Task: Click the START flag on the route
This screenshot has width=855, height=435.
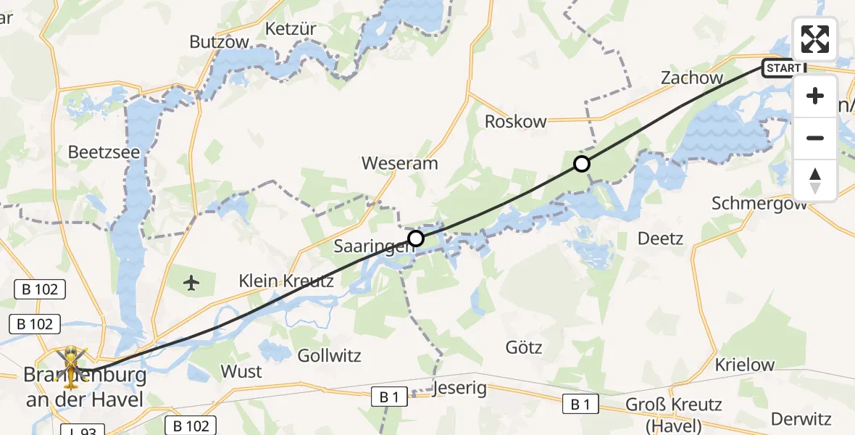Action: coord(784,68)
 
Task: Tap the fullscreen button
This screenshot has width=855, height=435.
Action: coord(814,39)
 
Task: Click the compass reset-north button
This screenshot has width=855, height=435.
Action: coord(814,180)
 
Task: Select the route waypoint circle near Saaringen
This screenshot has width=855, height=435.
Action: coord(415,238)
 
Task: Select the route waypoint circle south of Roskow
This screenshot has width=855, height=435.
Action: coord(581,164)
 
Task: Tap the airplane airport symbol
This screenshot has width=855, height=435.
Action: coord(191,281)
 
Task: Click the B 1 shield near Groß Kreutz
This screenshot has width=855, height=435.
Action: coord(580,405)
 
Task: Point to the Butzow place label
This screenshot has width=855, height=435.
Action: coord(219,42)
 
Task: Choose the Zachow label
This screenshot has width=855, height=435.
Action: coord(691,78)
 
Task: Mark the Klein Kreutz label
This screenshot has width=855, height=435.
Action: coord(287,281)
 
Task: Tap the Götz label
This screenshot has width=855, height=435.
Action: coord(524,348)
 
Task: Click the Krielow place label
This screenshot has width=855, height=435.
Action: coord(745,365)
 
